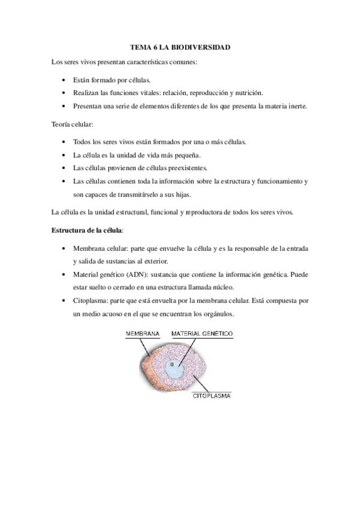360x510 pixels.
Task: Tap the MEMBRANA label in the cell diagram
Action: pyautogui.click(x=142, y=333)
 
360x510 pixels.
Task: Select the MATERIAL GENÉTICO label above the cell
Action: pyautogui.click(x=203, y=333)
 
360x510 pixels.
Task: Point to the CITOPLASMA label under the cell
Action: pyautogui.click(x=212, y=396)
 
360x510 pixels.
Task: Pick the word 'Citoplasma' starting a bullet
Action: pyautogui.click(x=90, y=300)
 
